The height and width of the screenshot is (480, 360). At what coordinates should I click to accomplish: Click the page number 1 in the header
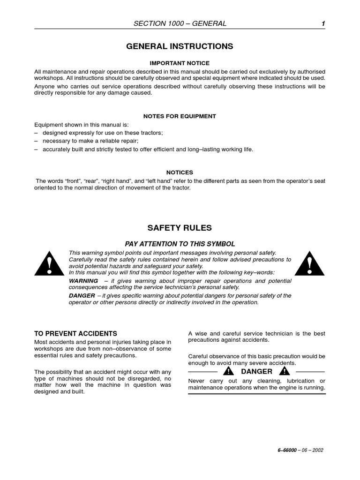coord(323,23)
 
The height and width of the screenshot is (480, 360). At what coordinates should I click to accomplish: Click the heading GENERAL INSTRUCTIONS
coord(180,46)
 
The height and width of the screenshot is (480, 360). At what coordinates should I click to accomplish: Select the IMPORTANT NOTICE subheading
coord(180,63)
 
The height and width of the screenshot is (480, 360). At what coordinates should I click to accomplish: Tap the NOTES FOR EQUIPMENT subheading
coord(180,116)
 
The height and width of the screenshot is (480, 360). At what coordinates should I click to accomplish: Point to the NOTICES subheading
coord(180,172)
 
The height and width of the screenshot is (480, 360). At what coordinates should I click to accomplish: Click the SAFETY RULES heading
coord(180,228)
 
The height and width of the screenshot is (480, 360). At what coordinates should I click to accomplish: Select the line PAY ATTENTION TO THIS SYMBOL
coord(180,244)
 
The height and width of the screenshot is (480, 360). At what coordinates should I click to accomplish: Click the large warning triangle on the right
coord(310,263)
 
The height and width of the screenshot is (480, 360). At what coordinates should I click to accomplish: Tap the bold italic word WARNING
coord(83,281)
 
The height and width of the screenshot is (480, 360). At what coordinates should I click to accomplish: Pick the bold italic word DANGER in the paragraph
coord(82,296)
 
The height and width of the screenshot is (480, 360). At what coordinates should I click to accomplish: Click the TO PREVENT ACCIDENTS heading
coord(75,334)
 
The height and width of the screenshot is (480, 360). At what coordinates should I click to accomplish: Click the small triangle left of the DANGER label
coord(228,371)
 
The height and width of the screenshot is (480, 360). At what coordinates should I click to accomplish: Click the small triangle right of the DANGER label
coord(284,371)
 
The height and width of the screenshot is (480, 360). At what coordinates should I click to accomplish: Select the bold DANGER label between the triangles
coord(256,371)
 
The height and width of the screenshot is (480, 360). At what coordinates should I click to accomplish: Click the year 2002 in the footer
coord(317,450)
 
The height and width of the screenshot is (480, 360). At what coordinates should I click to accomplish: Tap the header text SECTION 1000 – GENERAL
coord(180,23)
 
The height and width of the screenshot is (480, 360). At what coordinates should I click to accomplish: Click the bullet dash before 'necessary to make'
coord(37,141)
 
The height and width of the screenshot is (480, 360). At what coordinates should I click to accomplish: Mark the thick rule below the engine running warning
coord(256,394)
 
